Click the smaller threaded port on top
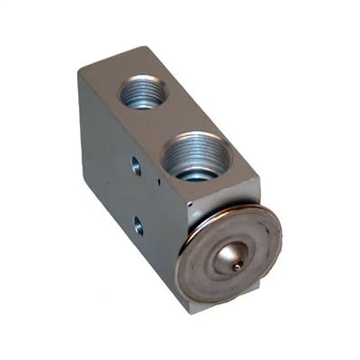[142, 92]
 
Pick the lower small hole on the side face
[138, 225]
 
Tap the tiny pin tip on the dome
[237, 265]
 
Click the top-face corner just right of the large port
[259, 176]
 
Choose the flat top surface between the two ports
[171, 121]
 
